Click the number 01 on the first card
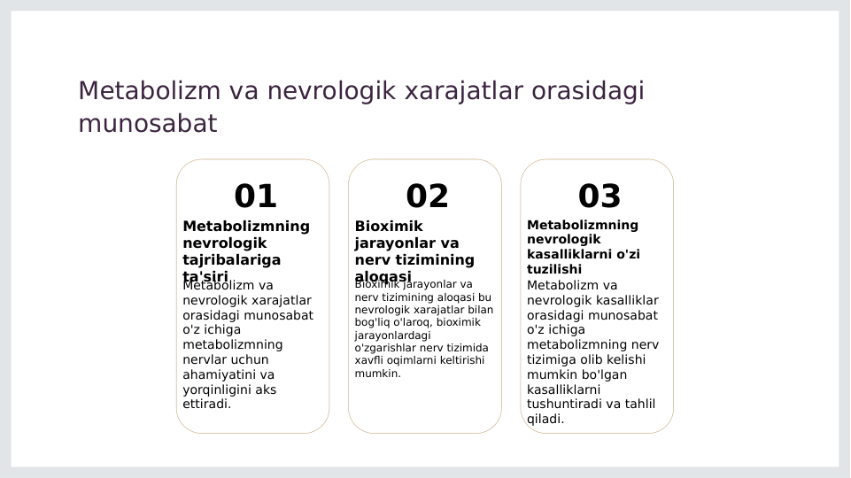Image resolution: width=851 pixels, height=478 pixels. (255, 197)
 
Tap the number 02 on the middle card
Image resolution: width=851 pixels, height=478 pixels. (427, 197)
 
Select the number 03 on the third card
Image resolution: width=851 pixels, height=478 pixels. (600, 197)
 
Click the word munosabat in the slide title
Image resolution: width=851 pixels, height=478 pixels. (147, 124)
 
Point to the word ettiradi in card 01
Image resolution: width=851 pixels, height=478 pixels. (206, 405)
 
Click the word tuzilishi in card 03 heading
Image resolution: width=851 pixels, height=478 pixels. (554, 269)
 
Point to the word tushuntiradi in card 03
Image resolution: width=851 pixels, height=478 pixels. (565, 405)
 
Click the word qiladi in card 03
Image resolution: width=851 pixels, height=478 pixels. (545, 420)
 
